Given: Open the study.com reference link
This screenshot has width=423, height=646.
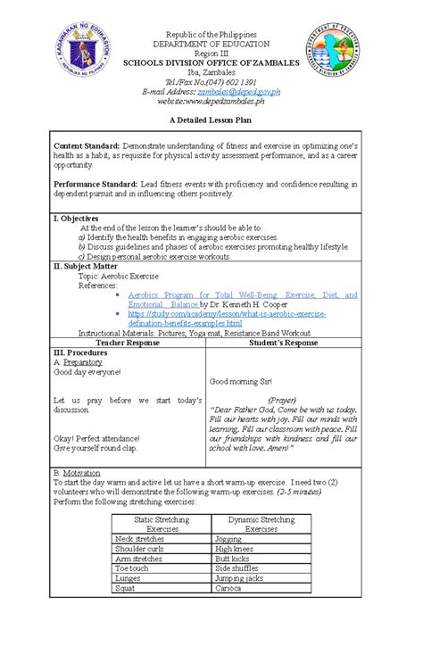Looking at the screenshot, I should pos(227,317).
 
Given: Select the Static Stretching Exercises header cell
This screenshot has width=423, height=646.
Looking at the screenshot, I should pos(161,523).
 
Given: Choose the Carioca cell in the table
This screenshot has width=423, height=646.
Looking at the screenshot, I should pos(229,589).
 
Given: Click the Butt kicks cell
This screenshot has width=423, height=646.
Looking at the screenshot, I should pos(235,559).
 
